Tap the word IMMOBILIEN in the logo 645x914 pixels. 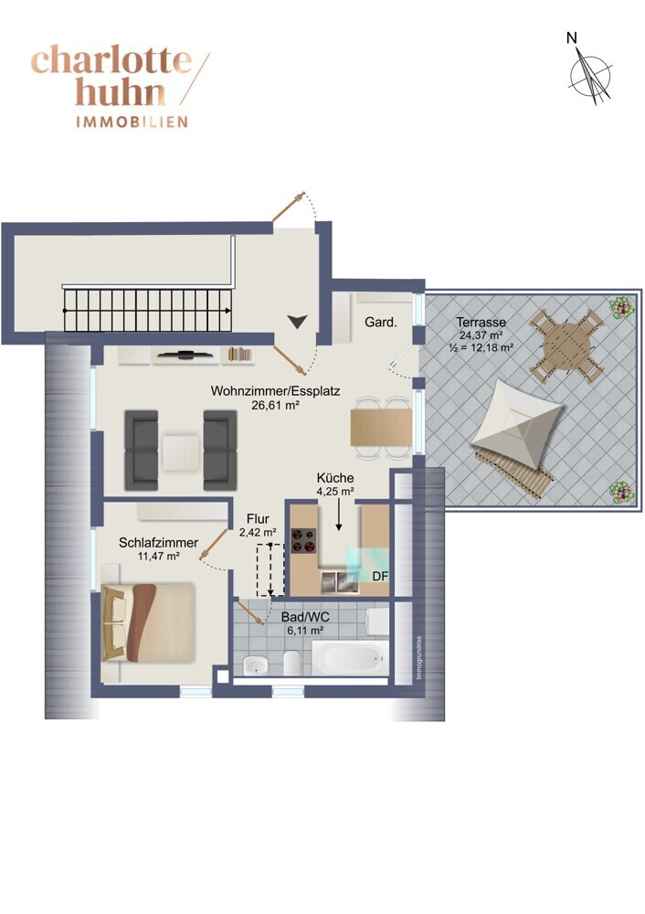pyautogui.click(x=132, y=122)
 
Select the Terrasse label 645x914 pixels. pyautogui.click(x=481, y=322)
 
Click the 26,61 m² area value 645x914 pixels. pyautogui.click(x=275, y=405)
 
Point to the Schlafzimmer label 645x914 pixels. pyautogui.click(x=158, y=543)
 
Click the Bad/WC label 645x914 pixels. pyautogui.click(x=305, y=617)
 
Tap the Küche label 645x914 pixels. pyautogui.click(x=335, y=478)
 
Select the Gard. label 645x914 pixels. pyautogui.click(x=380, y=322)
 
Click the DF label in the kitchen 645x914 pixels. pyautogui.click(x=380, y=577)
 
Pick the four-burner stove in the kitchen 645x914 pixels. pyautogui.click(x=303, y=540)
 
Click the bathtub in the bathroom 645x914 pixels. pyautogui.click(x=350, y=658)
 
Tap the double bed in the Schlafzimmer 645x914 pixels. pyautogui.click(x=148, y=622)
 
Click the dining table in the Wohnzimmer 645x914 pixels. pyautogui.click(x=381, y=427)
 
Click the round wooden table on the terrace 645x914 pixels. pyautogui.click(x=566, y=346)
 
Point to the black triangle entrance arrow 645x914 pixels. pyautogui.click(x=297, y=321)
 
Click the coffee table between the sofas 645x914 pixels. pyautogui.click(x=181, y=452)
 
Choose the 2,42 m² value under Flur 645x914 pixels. pyautogui.click(x=258, y=532)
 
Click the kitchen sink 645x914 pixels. pyautogui.click(x=339, y=582)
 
